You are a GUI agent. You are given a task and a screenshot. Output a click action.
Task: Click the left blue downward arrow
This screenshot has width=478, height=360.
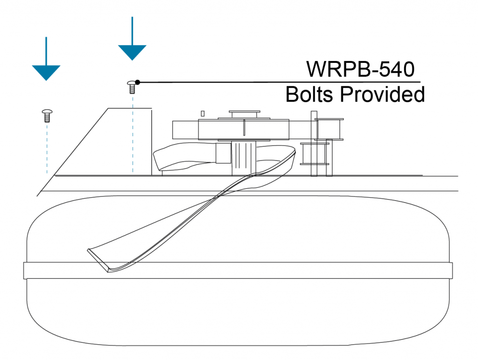[46, 70]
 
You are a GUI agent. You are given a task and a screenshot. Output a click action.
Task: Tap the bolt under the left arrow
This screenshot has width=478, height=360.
[46, 115]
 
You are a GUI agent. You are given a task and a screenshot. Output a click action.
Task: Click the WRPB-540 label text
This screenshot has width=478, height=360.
[360, 69]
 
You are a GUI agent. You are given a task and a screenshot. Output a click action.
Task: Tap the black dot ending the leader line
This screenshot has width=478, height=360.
[138, 83]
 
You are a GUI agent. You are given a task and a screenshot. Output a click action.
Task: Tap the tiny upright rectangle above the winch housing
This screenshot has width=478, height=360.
[203, 113]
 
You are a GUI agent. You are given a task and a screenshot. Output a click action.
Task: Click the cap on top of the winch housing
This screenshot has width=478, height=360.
[244, 113]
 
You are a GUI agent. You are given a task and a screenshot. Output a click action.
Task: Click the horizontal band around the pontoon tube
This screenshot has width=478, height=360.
[238, 270]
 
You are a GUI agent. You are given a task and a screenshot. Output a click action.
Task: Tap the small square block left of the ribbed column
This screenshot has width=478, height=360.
[223, 153]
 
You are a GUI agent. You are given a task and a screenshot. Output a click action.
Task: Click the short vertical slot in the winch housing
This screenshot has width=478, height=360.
[244, 126]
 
